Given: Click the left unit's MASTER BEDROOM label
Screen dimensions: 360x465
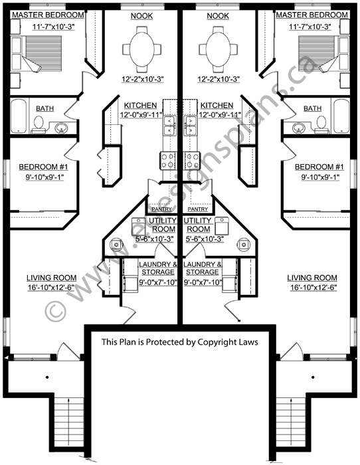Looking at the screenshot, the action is tap(48, 15).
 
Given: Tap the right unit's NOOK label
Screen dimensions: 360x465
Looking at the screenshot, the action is tap(218, 16).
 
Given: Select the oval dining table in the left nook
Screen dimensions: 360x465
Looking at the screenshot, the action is tap(141, 49).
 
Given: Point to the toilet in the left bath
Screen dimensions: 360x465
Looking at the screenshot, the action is tap(39, 125).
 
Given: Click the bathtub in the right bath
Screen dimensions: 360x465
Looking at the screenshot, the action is tap(341, 116).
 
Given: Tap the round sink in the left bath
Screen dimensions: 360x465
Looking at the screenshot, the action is tap(61, 128).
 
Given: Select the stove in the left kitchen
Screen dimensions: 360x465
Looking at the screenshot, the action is tap(168, 161).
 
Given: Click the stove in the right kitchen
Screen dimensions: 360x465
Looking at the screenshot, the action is tap(191, 161).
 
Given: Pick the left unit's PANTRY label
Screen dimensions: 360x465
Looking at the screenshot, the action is tap(161, 209).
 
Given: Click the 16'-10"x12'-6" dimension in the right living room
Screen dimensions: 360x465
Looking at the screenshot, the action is tap(312, 287).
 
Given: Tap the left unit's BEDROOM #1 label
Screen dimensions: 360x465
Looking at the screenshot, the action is tap(43, 167).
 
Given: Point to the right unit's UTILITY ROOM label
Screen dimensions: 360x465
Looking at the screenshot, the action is tap(198, 225).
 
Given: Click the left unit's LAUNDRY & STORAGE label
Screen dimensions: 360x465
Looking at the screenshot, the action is tap(158, 268).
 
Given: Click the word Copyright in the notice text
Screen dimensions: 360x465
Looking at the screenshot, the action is tap(218, 342).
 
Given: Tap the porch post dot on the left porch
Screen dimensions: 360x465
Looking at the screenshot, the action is tap(47, 377).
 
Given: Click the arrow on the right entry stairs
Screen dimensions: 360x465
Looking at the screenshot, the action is tap(292, 420).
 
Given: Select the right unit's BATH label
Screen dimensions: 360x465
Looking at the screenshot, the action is tap(313, 108).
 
